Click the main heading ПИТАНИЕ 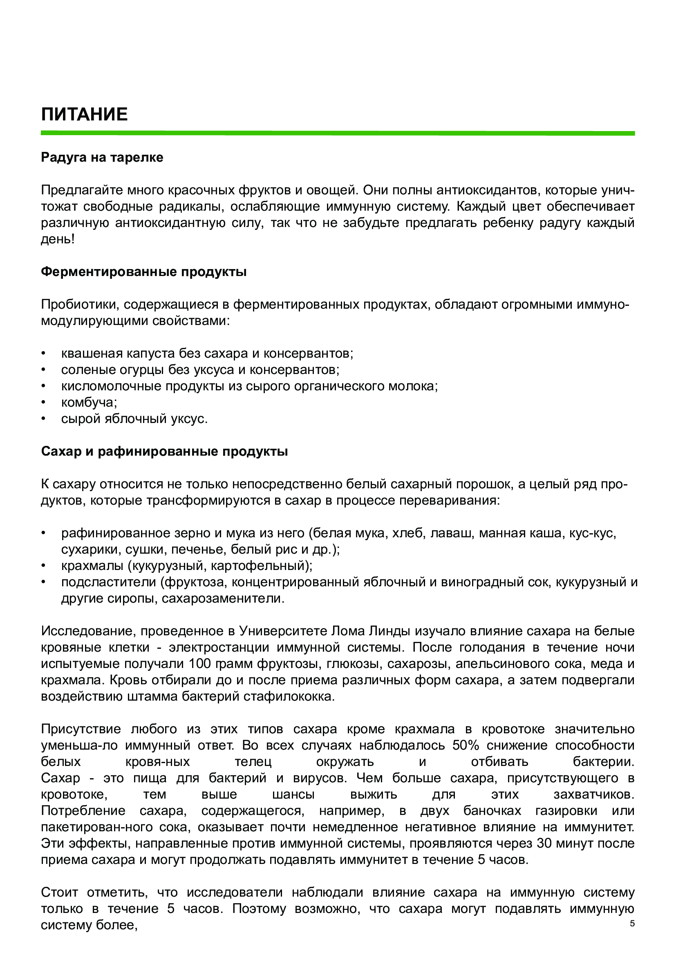coord(84,114)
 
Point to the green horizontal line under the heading coord(338,133)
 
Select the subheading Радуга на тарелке coord(102,157)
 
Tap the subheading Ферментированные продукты coord(143,272)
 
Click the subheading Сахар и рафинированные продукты coord(164,451)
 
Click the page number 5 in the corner coord(632,924)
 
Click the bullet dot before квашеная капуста coord(43,354)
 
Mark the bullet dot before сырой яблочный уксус coord(43,419)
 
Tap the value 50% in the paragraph coord(466,745)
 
